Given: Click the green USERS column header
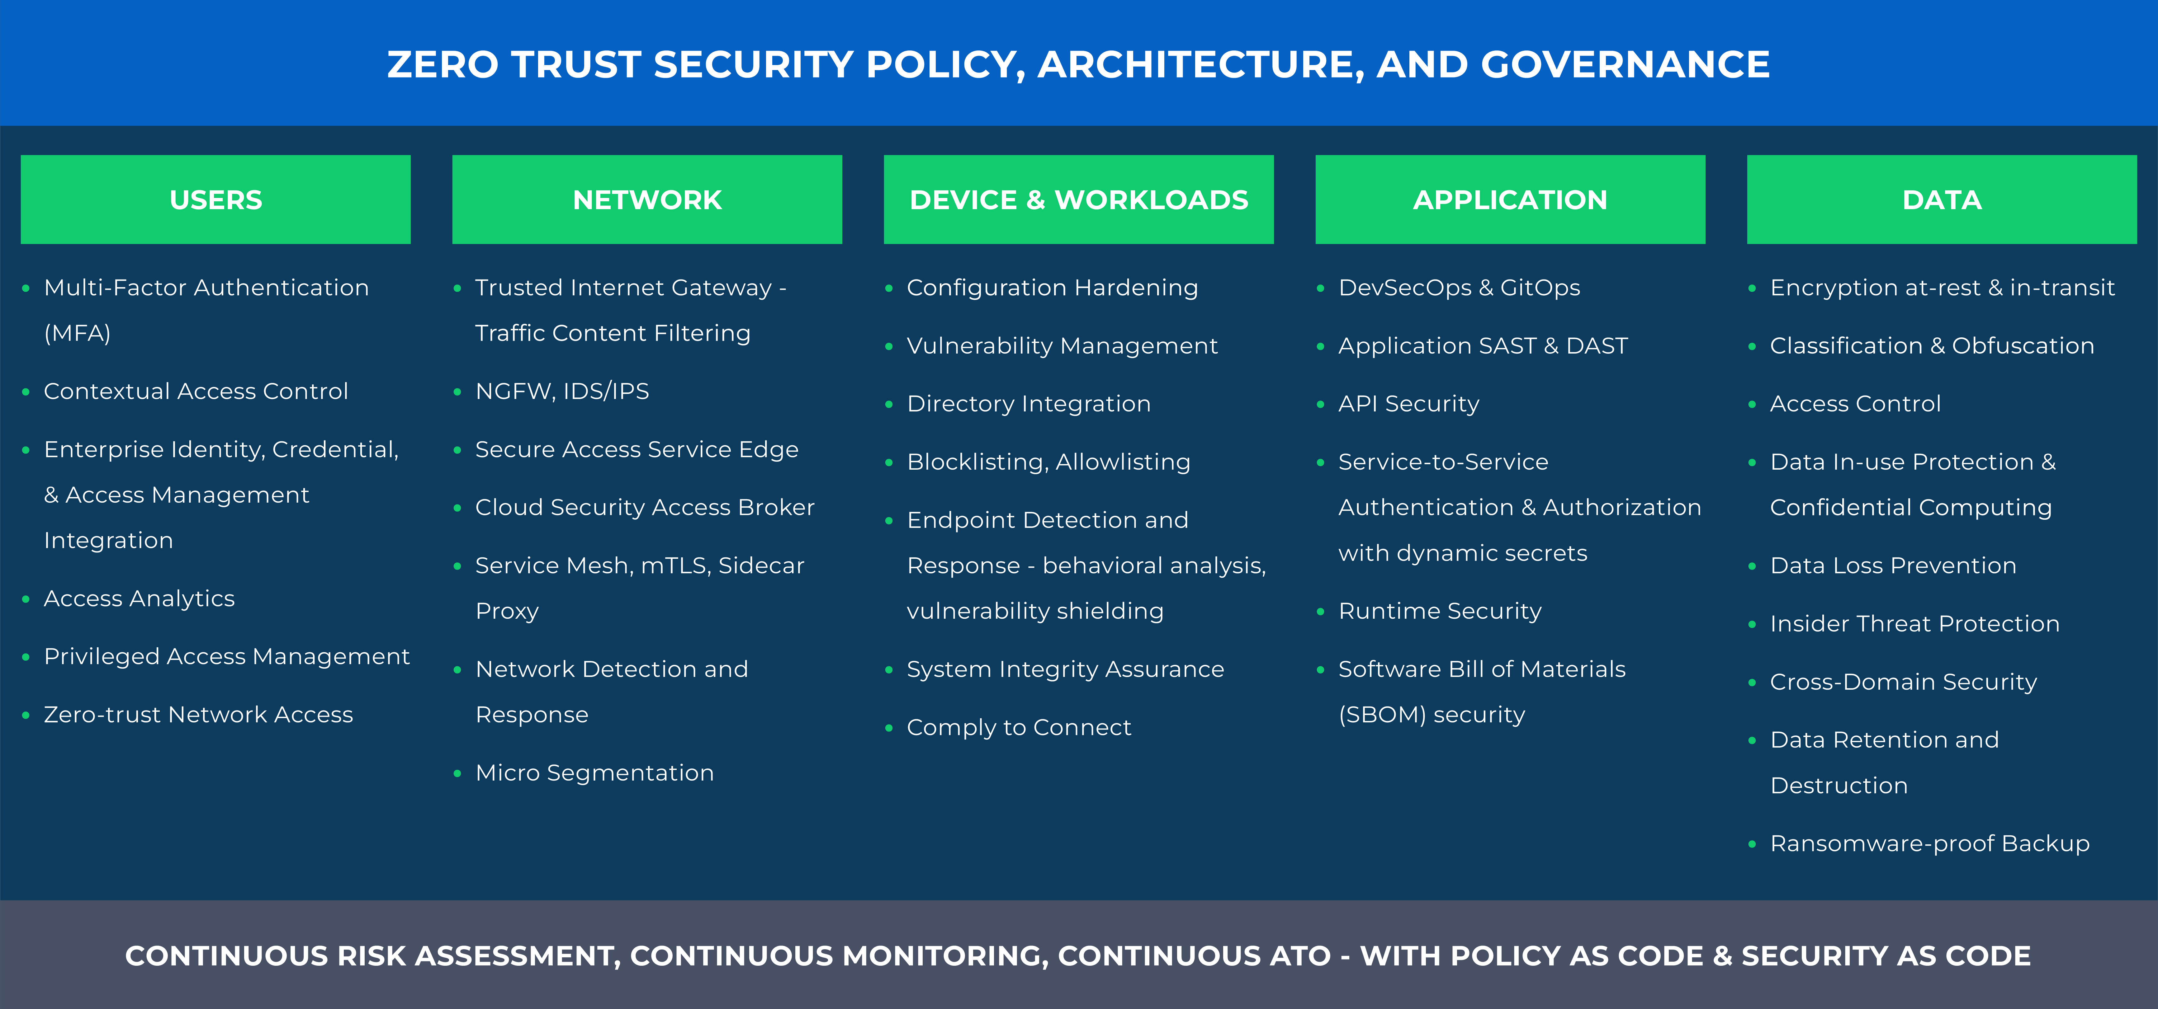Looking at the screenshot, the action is click(215, 199).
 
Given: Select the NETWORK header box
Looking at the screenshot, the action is click(647, 199).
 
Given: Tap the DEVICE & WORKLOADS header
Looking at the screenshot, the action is click(1078, 199).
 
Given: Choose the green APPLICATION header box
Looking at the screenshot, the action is click(1510, 199).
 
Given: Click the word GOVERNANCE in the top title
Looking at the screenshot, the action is click(1625, 64).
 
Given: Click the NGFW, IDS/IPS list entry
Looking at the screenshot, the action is click(562, 391).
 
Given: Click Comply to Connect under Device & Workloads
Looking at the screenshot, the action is click(1019, 728).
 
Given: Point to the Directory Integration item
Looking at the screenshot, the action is click(1029, 404).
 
